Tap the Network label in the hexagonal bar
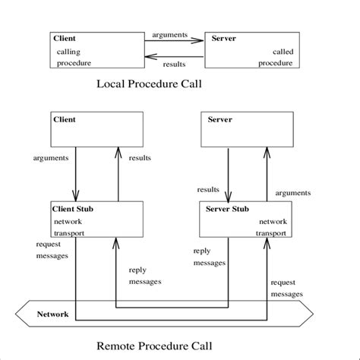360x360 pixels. pyautogui.click(x=52, y=314)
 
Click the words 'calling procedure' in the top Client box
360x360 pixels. pyautogui.click(x=74, y=57)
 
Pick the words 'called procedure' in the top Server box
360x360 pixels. pyautogui.click(x=275, y=57)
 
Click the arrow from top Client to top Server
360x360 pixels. pyautogui.click(x=175, y=42)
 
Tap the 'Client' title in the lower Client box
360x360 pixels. pyautogui.click(x=65, y=119)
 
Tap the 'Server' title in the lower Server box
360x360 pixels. pyautogui.click(x=219, y=119)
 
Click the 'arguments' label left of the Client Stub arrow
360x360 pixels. pyautogui.click(x=51, y=158)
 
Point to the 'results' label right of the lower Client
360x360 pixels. pyautogui.click(x=140, y=158)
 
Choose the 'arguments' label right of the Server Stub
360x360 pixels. pyautogui.click(x=292, y=193)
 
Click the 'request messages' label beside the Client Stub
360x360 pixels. pyautogui.click(x=52, y=250)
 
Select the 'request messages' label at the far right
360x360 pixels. pyautogui.click(x=286, y=288)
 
